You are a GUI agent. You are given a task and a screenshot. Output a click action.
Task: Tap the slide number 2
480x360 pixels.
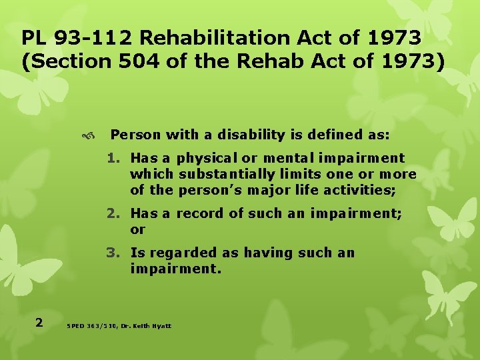coord(39,323)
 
